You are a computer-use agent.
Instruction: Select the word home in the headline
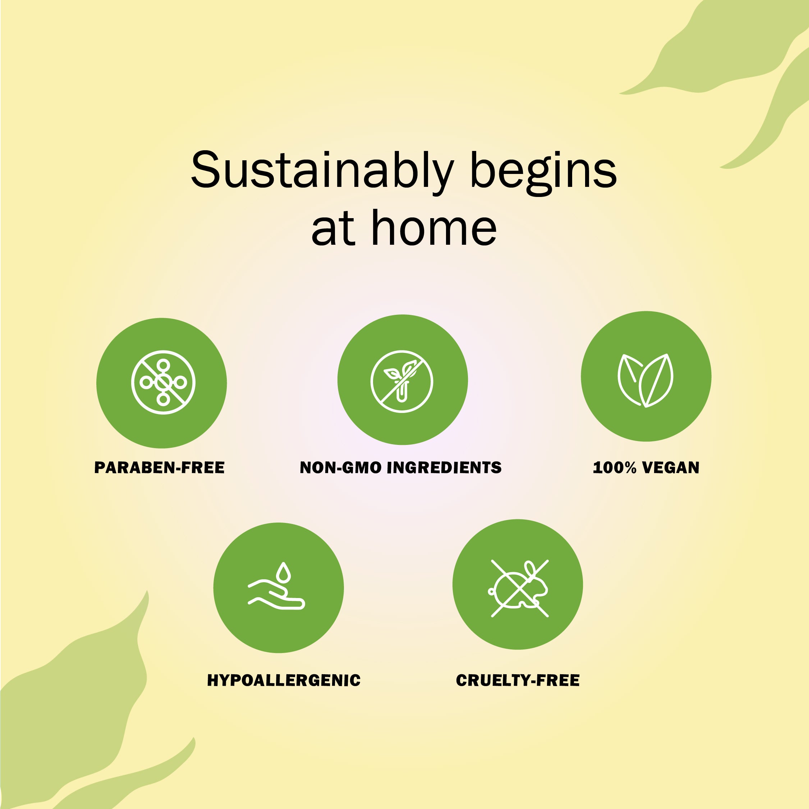coord(434,228)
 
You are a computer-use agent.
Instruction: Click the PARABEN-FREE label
coord(160,468)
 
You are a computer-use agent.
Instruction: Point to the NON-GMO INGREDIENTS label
coord(401,468)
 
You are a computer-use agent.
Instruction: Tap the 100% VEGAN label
coord(646,468)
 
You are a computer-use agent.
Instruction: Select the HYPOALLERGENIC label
coord(284,680)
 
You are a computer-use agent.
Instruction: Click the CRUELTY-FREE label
coord(518,680)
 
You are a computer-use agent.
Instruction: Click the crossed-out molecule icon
coord(163,382)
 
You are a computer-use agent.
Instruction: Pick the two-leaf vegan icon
coord(646,380)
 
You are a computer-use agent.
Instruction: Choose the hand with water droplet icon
coord(277,586)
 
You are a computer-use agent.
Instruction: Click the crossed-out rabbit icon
coord(519,588)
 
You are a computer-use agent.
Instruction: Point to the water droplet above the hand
coord(284,572)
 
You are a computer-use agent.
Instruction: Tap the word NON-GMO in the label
coord(340,468)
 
